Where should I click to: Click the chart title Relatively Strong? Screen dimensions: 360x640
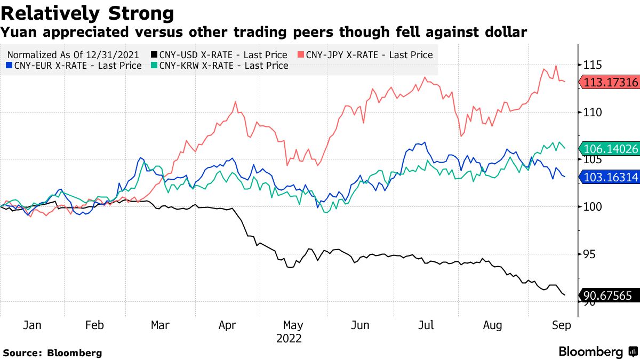(87, 13)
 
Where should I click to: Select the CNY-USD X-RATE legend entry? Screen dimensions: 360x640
(219, 54)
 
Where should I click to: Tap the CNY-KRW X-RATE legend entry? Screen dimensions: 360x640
(219, 66)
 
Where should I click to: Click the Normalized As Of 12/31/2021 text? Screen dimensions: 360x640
(73, 54)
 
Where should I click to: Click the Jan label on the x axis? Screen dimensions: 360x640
(33, 325)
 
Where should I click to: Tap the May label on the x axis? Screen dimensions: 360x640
(293, 325)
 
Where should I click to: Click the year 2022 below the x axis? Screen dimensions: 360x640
(289, 338)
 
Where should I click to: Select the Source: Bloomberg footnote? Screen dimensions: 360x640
(52, 353)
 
